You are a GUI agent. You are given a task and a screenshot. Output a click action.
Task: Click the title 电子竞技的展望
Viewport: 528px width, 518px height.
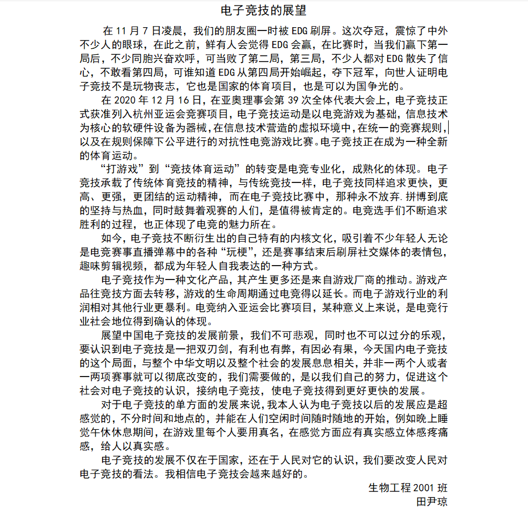coord(263,11)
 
